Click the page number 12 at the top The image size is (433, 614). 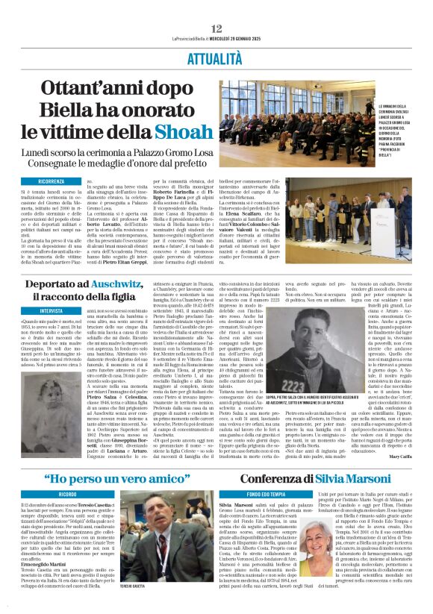[216, 28]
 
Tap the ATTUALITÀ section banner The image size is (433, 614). [216, 57]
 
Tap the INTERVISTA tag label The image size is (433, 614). [51, 310]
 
